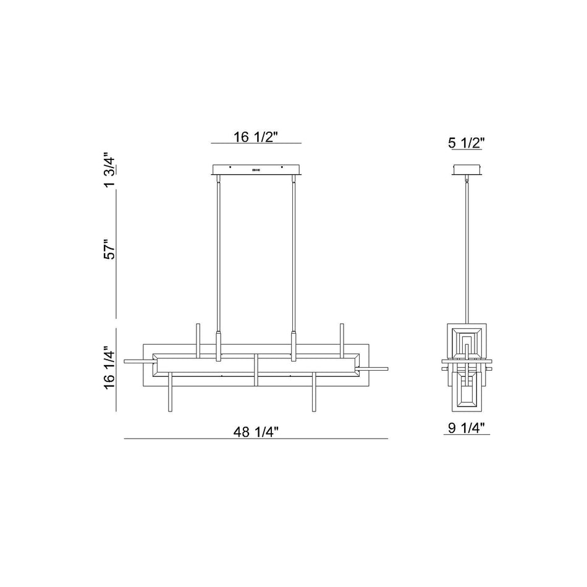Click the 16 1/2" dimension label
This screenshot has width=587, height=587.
[x=256, y=137]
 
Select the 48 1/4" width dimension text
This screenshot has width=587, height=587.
[x=256, y=432]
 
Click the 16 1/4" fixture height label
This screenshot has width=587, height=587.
[x=110, y=367]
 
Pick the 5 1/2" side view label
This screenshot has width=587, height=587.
[x=467, y=143]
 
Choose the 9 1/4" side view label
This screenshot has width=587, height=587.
[x=467, y=428]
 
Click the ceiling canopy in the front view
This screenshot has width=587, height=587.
[x=256, y=169]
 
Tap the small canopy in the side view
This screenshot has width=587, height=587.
[x=467, y=169]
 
